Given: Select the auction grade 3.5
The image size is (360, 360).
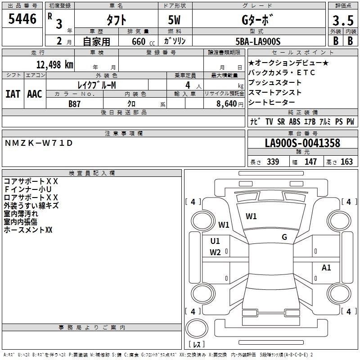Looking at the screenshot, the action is tap(342, 20).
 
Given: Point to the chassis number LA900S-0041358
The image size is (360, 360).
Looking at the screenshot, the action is tap(302, 144).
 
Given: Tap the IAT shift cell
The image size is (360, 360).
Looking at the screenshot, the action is tap(13, 94).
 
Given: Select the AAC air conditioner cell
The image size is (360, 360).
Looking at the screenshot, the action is tap(35, 94).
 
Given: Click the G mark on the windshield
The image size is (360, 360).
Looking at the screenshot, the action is tap(284, 237).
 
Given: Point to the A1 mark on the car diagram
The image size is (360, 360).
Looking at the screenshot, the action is tap(326, 268).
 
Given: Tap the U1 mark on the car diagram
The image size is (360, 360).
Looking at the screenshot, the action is tap(215, 241).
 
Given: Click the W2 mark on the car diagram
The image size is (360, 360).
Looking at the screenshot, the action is tap(215, 252).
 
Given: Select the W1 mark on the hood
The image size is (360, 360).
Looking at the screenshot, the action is tap(251, 216).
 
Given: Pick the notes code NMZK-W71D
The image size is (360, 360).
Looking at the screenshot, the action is tap(38, 143).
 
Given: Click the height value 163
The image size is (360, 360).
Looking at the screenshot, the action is tap(346, 162).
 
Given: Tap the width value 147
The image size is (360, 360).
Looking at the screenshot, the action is tap(310, 162).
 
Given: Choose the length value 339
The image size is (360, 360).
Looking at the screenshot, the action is tap(273, 162).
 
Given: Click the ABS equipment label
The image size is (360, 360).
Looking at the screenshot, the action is tap(294, 122).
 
